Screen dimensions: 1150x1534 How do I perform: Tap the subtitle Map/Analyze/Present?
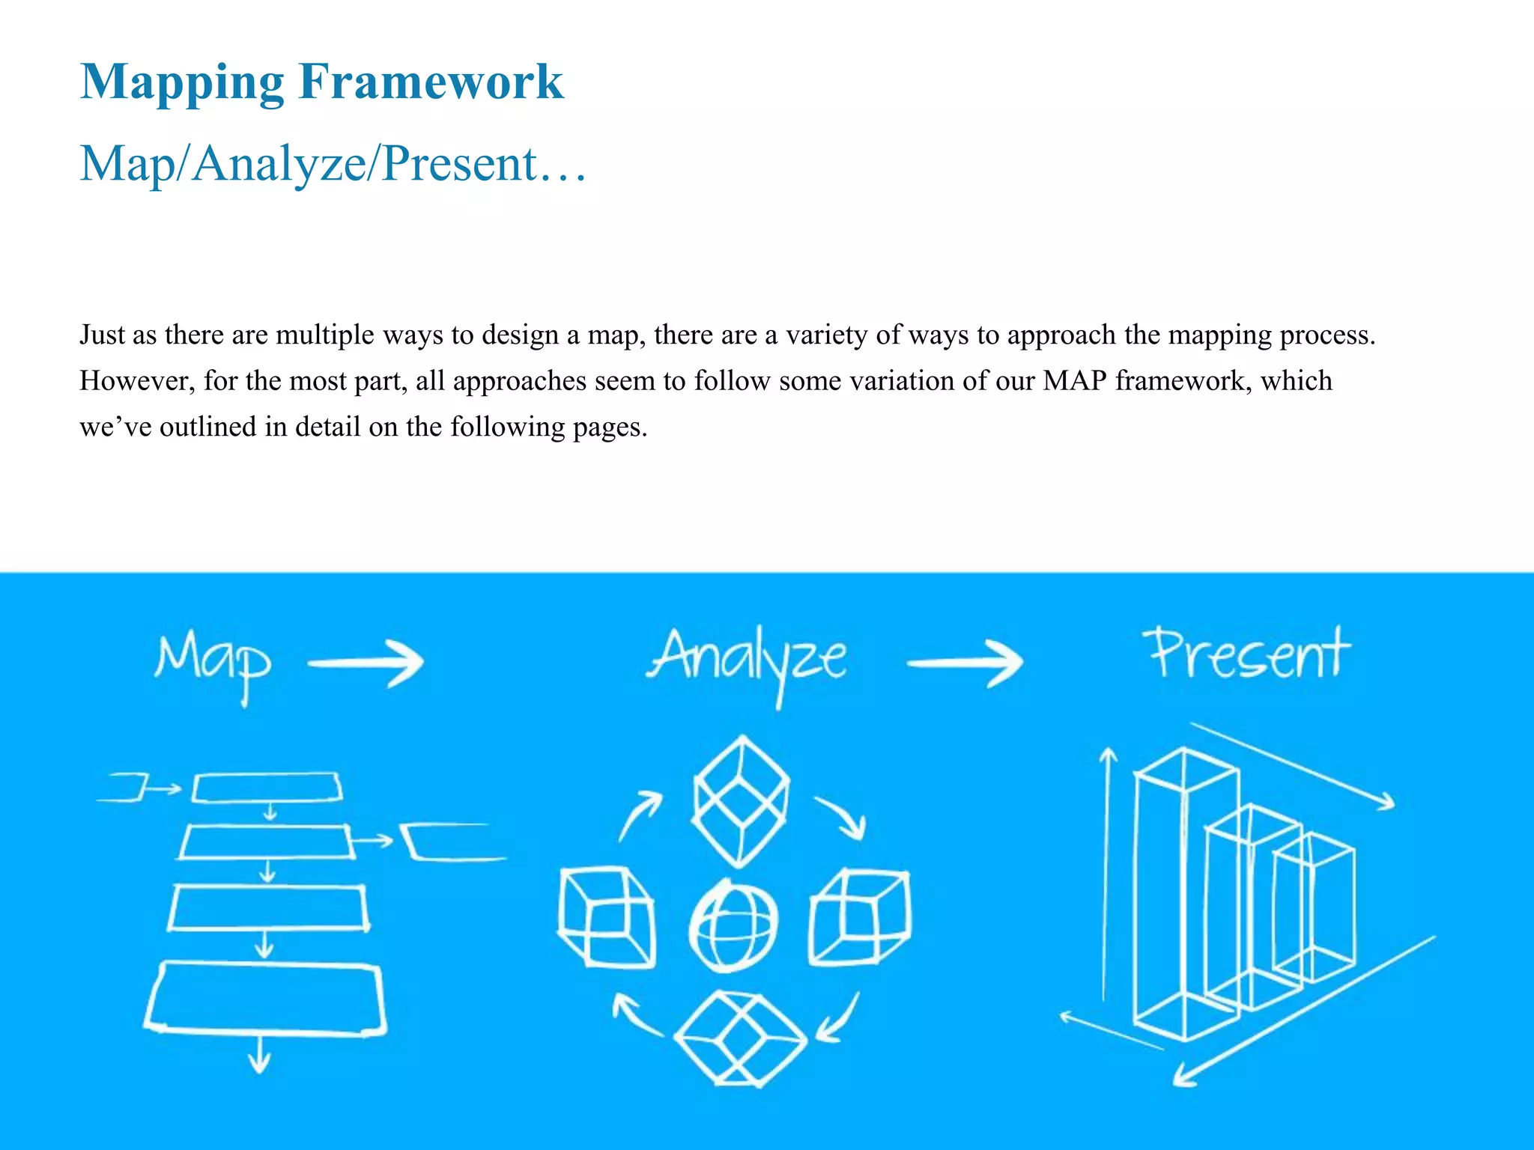point(333,163)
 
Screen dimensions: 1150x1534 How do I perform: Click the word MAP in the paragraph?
point(1074,380)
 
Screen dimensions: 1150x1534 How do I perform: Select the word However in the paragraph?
point(136,381)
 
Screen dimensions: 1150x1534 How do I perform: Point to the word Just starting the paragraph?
point(102,335)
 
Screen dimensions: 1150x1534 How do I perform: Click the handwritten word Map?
point(213,663)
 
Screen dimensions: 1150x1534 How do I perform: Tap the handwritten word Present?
point(1249,654)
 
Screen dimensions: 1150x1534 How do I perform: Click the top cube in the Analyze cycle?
point(741,801)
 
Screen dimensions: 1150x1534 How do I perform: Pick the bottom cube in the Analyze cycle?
point(740,1039)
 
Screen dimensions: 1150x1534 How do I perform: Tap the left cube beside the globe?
point(607,918)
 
